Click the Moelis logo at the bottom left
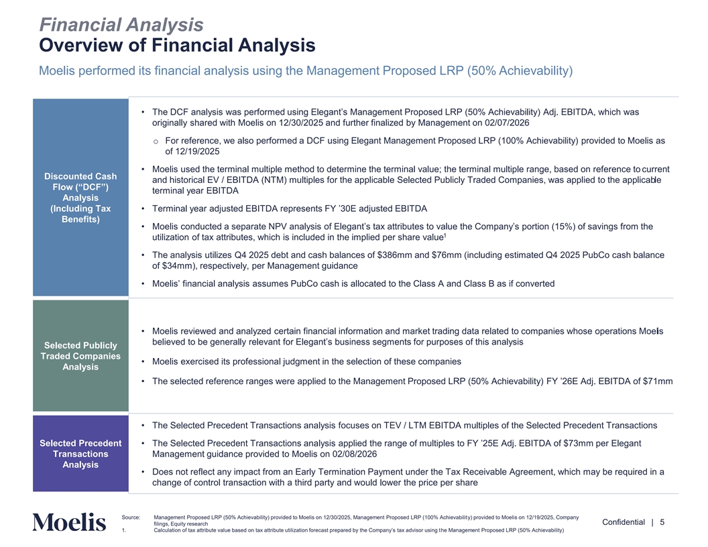coord(69,523)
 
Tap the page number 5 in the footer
coord(662,523)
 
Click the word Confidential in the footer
coord(624,523)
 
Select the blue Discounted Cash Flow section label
coord(80,198)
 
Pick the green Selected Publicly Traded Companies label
coord(80,356)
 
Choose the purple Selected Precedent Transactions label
coord(80,454)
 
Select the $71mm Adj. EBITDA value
coord(658,381)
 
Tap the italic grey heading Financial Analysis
coord(121,25)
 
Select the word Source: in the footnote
coord(131,518)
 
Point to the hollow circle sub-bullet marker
coord(156,141)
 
